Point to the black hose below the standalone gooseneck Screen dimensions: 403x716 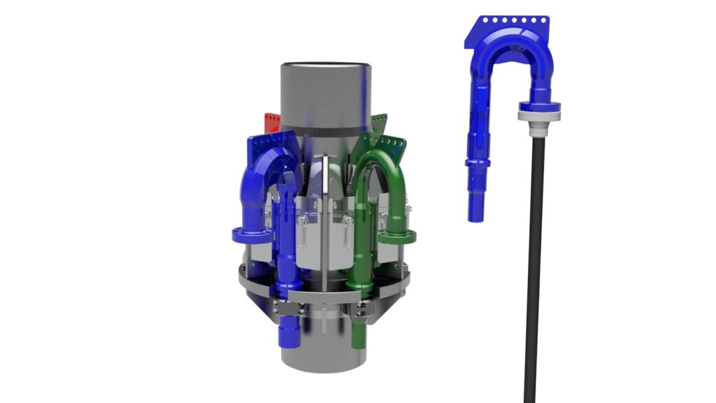(534, 266)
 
